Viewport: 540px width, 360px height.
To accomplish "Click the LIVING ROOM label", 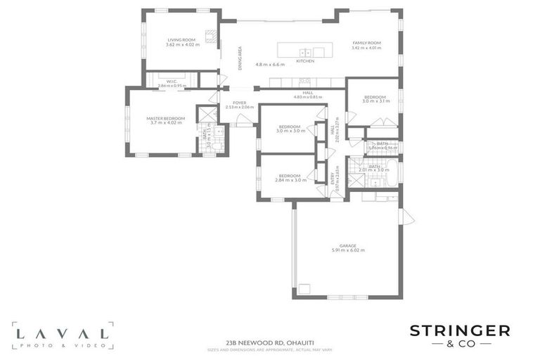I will (181, 40).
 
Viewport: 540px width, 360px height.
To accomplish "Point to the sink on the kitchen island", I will (305, 52).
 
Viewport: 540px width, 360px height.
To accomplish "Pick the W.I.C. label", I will (171, 81).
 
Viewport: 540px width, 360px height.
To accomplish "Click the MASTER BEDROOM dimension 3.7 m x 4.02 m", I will (166, 122).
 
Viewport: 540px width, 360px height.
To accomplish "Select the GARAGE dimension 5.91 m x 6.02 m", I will (347, 250).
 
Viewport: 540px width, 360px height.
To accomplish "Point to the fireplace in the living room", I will (209, 36).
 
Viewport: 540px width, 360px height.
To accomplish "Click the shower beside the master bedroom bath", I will (205, 115).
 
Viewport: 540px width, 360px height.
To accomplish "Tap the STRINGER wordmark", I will (460, 330).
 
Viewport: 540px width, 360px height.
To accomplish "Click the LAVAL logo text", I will (61, 334).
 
